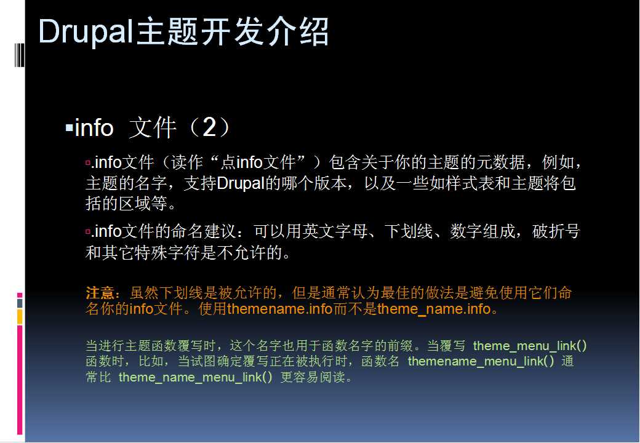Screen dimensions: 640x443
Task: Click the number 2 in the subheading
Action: pos(209,127)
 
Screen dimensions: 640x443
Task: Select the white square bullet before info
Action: pos(69,129)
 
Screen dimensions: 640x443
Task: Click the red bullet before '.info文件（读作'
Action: pos(88,163)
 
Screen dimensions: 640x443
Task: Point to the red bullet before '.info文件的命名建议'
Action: pos(88,232)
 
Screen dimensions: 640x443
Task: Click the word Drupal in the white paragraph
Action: pos(241,183)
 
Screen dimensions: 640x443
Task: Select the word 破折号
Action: pos(556,231)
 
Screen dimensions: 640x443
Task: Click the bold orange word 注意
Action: pos(100,293)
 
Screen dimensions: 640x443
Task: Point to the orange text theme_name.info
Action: pos(433,309)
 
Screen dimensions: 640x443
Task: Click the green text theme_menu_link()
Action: pos(530,346)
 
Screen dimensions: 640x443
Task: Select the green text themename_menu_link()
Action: pos(481,361)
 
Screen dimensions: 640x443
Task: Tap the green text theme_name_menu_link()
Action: pos(196,377)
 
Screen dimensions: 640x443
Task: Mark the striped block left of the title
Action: pos(19,55)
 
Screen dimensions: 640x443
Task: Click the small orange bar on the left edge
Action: pos(20,316)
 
